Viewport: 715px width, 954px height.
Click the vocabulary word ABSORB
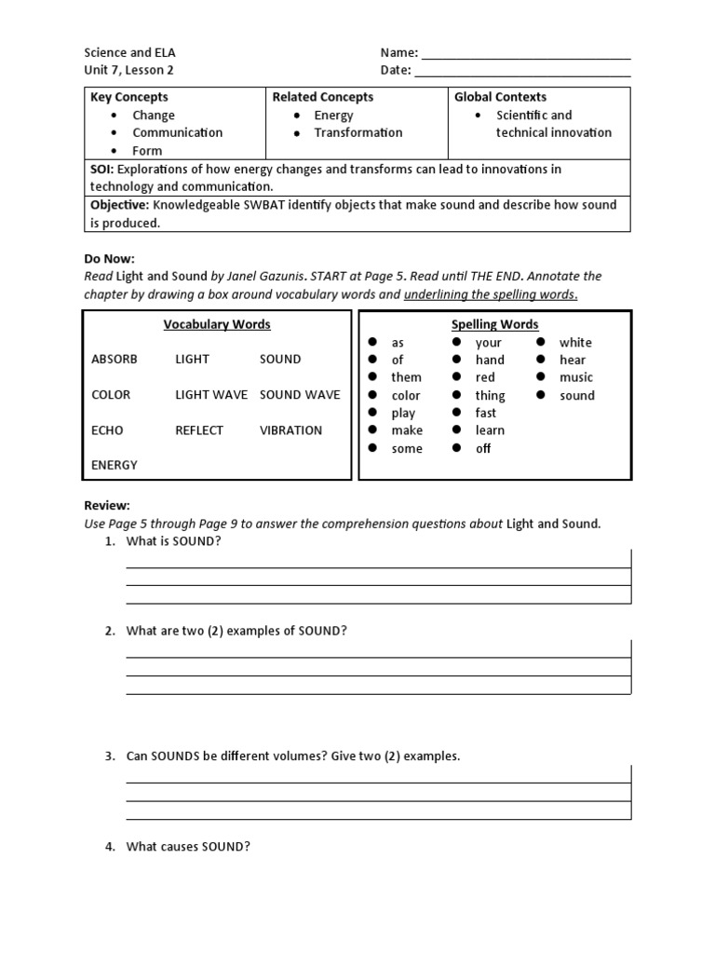click(x=115, y=360)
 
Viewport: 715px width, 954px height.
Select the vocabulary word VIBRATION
click(x=290, y=430)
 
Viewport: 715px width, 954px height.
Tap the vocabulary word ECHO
click(x=107, y=430)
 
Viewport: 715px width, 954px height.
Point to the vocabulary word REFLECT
click(x=199, y=430)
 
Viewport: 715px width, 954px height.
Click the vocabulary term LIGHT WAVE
click(x=211, y=395)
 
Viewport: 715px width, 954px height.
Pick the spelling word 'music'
click(x=575, y=377)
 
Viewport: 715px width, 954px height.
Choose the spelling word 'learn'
click(x=490, y=430)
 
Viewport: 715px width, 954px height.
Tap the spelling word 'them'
click(x=406, y=377)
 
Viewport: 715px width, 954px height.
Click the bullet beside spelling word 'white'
click(x=540, y=342)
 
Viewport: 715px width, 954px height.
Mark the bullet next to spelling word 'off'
click(x=456, y=448)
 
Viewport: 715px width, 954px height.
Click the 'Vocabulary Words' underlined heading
click(x=217, y=324)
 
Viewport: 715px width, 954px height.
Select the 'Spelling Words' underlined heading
click(x=494, y=324)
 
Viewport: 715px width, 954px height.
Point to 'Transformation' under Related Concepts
click(x=358, y=132)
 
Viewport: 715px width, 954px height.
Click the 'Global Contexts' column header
click(x=500, y=97)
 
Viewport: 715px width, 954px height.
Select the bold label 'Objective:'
click(x=120, y=205)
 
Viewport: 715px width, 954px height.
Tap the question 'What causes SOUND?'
click(x=188, y=847)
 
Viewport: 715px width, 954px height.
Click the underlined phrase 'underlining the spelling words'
click(x=491, y=294)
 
